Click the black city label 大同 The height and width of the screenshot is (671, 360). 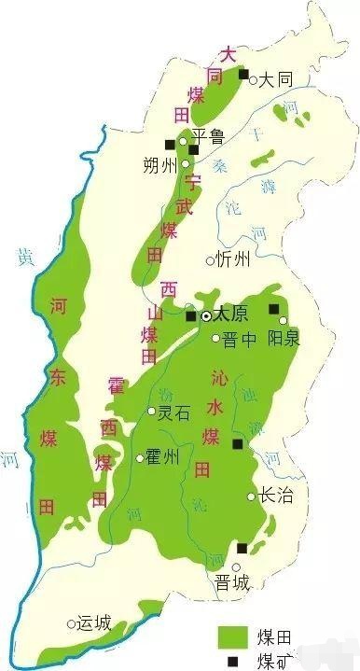point(276,80)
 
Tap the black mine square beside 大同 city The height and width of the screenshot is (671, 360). point(244,75)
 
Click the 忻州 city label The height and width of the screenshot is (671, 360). point(232,260)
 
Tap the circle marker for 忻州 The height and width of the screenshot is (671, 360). point(210,261)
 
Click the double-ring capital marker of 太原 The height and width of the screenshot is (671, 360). point(206,315)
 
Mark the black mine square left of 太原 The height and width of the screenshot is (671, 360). point(191,316)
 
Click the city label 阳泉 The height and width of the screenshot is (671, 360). point(284,338)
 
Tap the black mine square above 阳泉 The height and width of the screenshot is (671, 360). point(274,309)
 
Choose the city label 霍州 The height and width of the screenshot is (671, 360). point(162,457)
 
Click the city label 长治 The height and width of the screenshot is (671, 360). point(275,496)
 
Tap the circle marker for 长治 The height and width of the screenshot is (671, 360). point(252,496)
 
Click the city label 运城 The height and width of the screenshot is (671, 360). point(93,622)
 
